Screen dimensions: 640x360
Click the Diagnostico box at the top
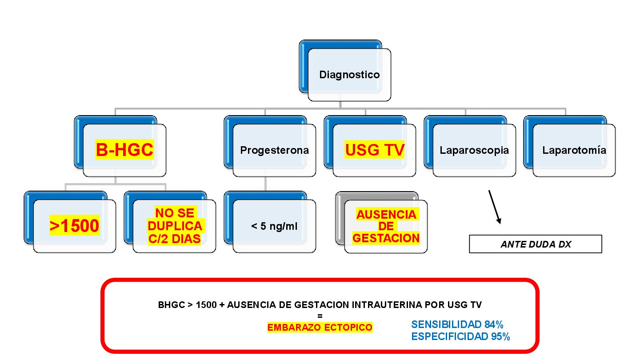pos(349,75)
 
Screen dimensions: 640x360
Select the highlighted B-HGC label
pos(124,150)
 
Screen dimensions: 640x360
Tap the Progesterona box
pos(274,150)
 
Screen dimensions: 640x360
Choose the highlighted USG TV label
pos(375,150)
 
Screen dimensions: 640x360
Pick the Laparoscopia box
pos(474,150)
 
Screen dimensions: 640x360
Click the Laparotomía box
pos(574,150)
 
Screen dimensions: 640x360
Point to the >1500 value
pos(74,226)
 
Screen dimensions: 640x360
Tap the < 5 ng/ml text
pos(274,226)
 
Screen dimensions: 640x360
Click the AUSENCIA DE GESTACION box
pos(386,226)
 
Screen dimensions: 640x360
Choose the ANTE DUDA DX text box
pos(536,244)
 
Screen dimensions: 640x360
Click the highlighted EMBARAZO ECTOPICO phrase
pos(320,328)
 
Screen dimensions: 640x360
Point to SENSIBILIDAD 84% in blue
pos(457,324)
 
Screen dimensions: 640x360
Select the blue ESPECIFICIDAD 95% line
pos(460,336)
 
